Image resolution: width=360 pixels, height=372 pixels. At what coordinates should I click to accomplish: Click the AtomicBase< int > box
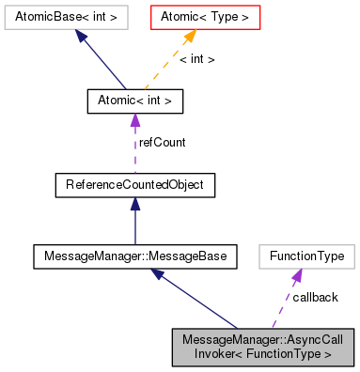(59, 17)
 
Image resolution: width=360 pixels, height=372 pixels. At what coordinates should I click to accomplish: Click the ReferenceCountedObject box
(134, 185)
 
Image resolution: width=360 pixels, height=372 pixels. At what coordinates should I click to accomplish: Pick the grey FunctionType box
(307, 255)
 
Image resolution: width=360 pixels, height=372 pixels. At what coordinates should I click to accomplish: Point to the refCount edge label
(162, 142)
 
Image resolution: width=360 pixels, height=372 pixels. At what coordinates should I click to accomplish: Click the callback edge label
(315, 297)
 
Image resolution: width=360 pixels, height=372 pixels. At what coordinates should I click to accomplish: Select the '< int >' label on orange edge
(197, 58)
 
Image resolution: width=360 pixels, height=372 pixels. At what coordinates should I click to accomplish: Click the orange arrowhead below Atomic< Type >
(189, 36)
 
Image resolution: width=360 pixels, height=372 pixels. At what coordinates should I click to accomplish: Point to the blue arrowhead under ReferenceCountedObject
(134, 205)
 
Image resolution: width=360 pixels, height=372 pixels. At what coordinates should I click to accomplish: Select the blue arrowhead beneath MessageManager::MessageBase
(161, 274)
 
